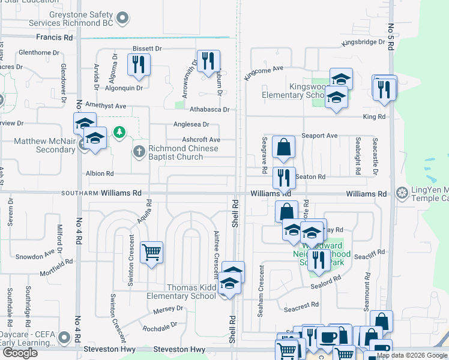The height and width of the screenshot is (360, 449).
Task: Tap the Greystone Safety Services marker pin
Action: point(123,18)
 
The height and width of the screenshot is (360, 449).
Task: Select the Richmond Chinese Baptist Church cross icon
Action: point(139,151)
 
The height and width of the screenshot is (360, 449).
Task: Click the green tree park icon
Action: point(119,131)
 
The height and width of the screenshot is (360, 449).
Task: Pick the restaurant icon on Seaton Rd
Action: point(284,177)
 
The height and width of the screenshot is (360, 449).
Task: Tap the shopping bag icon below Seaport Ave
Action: point(283,146)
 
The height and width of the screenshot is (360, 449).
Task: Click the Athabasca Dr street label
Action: point(209,110)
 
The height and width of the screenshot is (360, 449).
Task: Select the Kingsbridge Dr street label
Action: point(363,43)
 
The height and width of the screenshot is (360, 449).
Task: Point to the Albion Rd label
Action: point(100,173)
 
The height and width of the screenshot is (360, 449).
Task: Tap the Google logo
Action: point(20,353)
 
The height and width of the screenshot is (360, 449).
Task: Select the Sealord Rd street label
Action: point(325,278)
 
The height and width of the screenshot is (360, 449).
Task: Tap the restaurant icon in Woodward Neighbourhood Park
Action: point(318,259)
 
